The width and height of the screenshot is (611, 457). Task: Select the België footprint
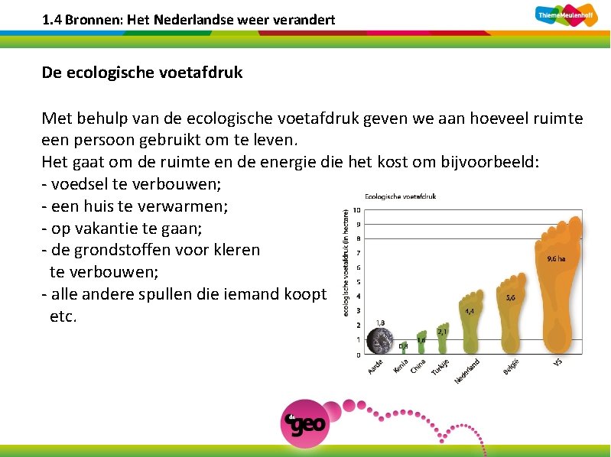511,313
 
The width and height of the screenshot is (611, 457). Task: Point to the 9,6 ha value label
556,258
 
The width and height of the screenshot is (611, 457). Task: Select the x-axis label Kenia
400,366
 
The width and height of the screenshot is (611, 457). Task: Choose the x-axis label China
418,366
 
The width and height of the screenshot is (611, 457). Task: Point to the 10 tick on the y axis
357,210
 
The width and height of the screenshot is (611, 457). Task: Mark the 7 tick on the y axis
358,253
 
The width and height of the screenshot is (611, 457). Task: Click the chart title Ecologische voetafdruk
400,196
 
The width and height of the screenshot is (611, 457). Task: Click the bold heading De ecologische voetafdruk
142,73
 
